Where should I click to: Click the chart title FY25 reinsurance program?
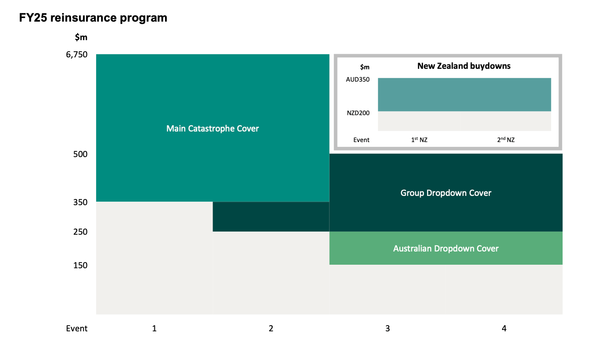point(93,18)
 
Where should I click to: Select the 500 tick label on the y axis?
point(80,154)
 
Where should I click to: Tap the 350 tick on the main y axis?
point(80,202)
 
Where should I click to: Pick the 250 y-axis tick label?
point(80,232)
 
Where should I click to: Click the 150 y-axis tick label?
point(80,265)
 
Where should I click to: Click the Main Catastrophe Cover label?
point(212,128)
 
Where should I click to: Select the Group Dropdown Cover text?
point(446,193)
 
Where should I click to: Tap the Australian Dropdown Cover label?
point(446,248)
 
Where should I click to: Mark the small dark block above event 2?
point(271,217)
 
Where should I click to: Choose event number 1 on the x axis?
point(154,328)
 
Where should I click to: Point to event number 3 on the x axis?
point(387,328)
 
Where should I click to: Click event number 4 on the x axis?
point(504,328)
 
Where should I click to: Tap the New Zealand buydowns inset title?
point(464,66)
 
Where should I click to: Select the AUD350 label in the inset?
point(358,80)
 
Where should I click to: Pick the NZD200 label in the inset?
point(358,113)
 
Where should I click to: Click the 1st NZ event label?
point(419,139)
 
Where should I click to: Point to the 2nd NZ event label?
point(506,139)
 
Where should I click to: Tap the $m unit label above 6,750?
point(81,37)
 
